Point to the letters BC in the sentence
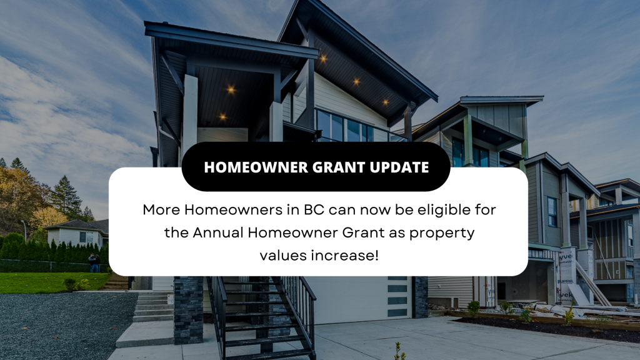tap(314, 210)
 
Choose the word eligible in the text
tap(438, 210)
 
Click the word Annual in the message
tap(218, 232)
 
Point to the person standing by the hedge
tap(94, 263)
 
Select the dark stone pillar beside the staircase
tap(188, 310)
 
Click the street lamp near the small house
tap(24, 231)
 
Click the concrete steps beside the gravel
tap(153, 306)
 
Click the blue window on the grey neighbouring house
tap(552, 211)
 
